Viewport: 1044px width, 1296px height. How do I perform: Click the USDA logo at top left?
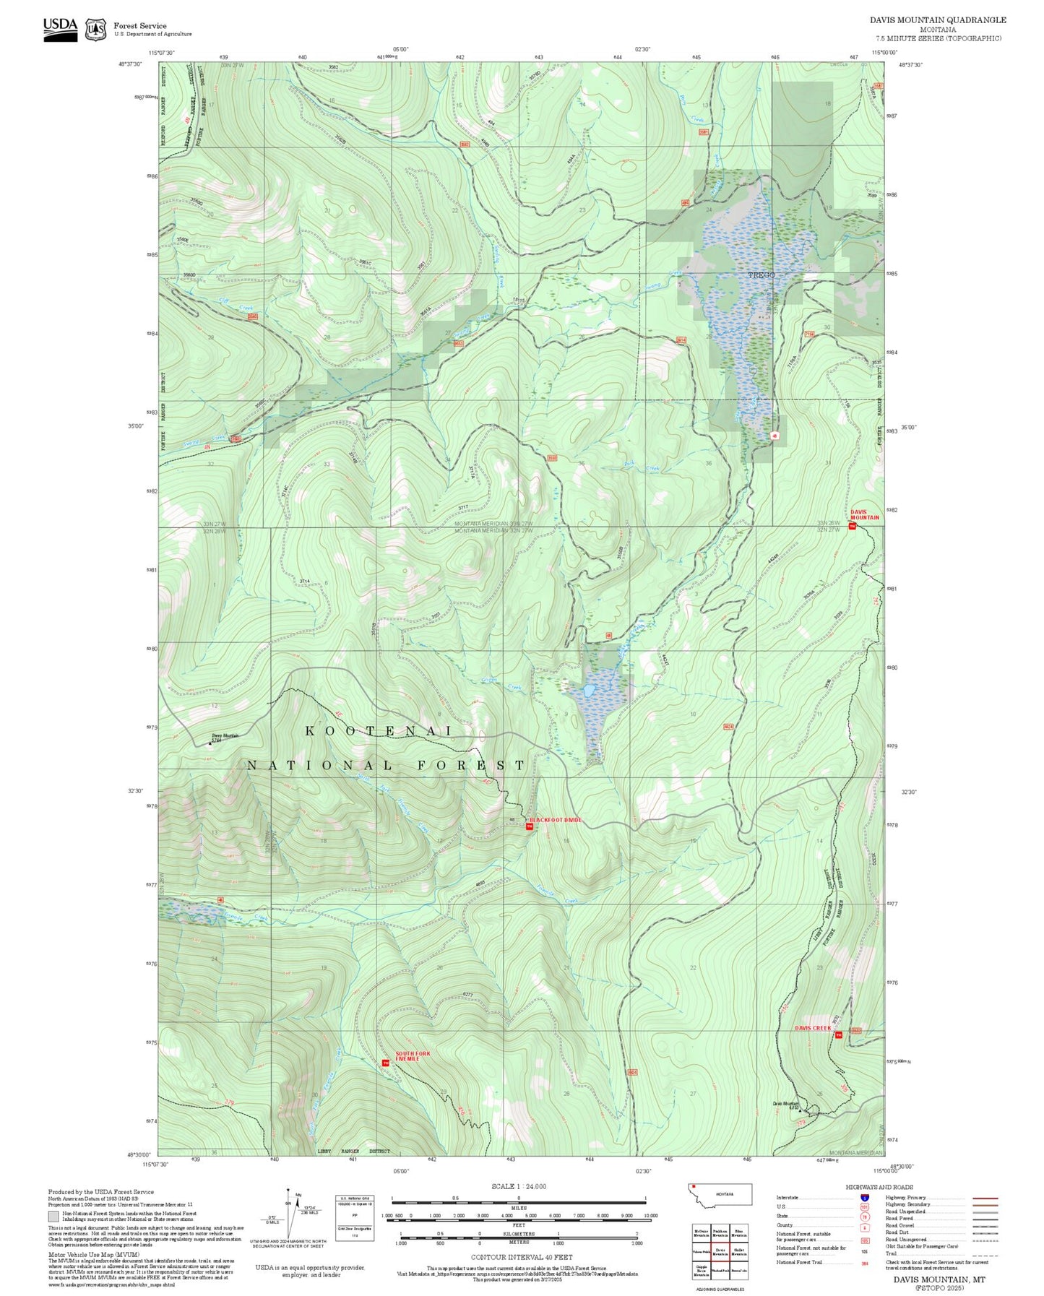pos(60,29)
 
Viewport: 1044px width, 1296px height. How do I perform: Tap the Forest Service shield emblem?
pos(95,30)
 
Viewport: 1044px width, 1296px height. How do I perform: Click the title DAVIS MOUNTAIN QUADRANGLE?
pos(937,20)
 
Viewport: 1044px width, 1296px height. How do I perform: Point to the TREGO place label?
pos(761,275)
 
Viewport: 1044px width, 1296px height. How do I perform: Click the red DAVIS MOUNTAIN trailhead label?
pos(864,515)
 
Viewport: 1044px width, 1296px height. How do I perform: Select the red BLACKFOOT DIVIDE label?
pos(555,820)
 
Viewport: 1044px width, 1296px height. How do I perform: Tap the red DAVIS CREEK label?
pos(813,1027)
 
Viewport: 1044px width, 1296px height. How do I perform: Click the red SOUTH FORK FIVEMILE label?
pos(413,1056)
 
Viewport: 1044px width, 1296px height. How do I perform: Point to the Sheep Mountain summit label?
pos(225,736)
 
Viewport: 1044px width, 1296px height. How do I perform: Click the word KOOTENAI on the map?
pos(378,731)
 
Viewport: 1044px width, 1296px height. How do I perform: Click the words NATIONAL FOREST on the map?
pos(386,765)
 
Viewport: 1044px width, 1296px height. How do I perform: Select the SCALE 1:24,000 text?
pos(518,1186)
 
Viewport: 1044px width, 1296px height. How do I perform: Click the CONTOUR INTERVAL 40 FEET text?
pos(518,1257)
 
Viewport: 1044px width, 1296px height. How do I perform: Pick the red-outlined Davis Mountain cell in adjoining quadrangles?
pos(720,1250)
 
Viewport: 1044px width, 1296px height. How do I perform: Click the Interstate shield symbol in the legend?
pos(865,1197)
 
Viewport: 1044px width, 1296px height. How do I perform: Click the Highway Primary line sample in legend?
pos(985,1198)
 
